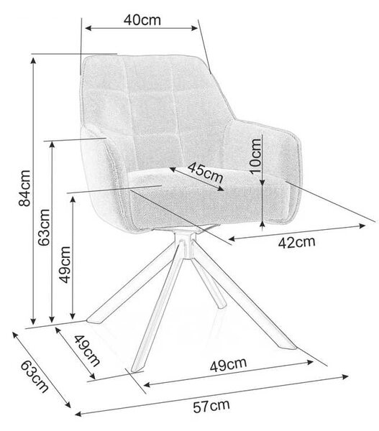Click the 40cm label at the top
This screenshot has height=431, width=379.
142,20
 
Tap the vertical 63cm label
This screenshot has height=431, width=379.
44,227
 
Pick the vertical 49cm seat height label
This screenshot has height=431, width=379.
65,264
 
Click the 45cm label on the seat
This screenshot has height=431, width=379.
206,172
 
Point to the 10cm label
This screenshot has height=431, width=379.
256,156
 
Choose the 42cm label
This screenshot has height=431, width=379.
296,243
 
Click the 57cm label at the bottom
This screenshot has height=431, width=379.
211,407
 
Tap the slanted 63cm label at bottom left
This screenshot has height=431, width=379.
35,377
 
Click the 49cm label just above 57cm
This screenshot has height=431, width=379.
228,364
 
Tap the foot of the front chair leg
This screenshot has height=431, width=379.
137,369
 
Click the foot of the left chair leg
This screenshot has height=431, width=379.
93,320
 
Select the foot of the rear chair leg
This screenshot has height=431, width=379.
222,305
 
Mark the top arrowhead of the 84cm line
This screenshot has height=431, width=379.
33,61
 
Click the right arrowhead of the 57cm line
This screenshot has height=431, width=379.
345,376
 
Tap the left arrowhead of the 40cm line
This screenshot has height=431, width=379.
88,28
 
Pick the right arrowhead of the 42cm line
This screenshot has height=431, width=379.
362,226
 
